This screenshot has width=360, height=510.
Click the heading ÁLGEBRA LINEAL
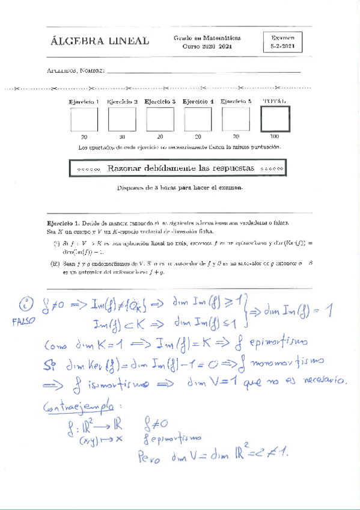tap(100, 41)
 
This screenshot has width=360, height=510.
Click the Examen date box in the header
tap(282, 41)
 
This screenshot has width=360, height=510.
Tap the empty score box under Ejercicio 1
tap(84, 119)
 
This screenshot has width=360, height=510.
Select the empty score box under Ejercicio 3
tap(160, 119)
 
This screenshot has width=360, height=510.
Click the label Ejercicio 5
tap(236, 102)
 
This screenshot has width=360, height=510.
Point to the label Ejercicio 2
tap(123, 102)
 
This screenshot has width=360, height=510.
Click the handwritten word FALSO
tap(24, 321)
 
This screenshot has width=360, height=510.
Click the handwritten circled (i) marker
tap(24, 303)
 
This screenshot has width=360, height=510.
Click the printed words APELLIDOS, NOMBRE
tap(76, 72)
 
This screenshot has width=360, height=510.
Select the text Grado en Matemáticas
tap(207, 37)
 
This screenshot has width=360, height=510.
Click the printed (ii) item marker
tap(55, 263)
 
